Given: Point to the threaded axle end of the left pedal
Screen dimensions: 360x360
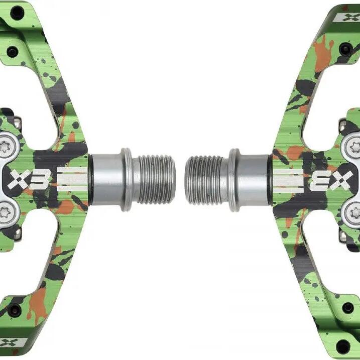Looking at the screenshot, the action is click(157, 180).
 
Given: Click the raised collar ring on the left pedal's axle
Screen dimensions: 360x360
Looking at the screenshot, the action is click(127, 180).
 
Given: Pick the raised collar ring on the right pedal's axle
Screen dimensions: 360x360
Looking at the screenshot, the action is click(234, 180).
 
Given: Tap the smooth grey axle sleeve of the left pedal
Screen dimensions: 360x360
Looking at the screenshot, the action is click(107, 180).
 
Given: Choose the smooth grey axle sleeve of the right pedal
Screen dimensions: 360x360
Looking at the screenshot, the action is click(254, 180).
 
